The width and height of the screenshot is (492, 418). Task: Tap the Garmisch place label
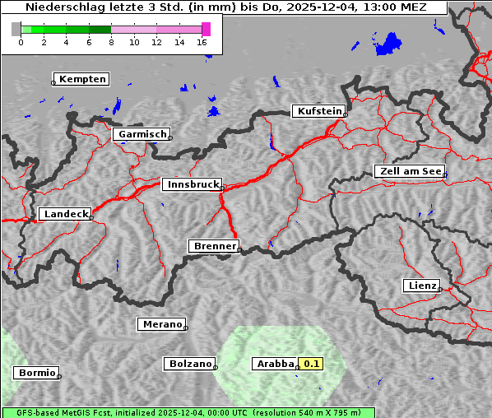[142, 134]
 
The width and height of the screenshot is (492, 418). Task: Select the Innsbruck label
[192, 185]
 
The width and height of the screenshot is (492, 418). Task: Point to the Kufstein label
[318, 111]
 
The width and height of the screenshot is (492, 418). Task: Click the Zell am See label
[410, 171]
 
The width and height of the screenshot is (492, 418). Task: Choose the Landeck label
[65, 214]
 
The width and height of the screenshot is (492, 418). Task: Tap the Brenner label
[215, 246]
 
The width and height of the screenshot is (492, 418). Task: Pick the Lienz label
[421, 286]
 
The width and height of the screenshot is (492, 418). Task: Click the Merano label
[161, 324]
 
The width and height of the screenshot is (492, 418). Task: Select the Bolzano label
[190, 364]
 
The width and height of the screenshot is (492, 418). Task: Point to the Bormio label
[37, 373]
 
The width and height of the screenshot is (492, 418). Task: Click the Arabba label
[274, 364]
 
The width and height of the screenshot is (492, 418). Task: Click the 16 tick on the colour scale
[202, 42]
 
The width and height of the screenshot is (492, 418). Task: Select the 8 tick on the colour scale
[111, 42]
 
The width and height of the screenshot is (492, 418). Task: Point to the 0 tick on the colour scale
[21, 42]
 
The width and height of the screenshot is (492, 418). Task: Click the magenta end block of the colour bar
[207, 29]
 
